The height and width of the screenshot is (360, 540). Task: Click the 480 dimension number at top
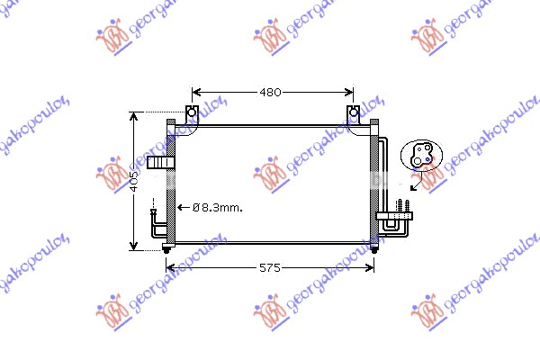pyautogui.click(x=272, y=92)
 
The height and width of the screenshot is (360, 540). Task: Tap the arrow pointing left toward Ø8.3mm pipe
pyautogui.click(x=180, y=207)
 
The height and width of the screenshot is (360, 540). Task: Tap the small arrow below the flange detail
pyautogui.click(x=414, y=185)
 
